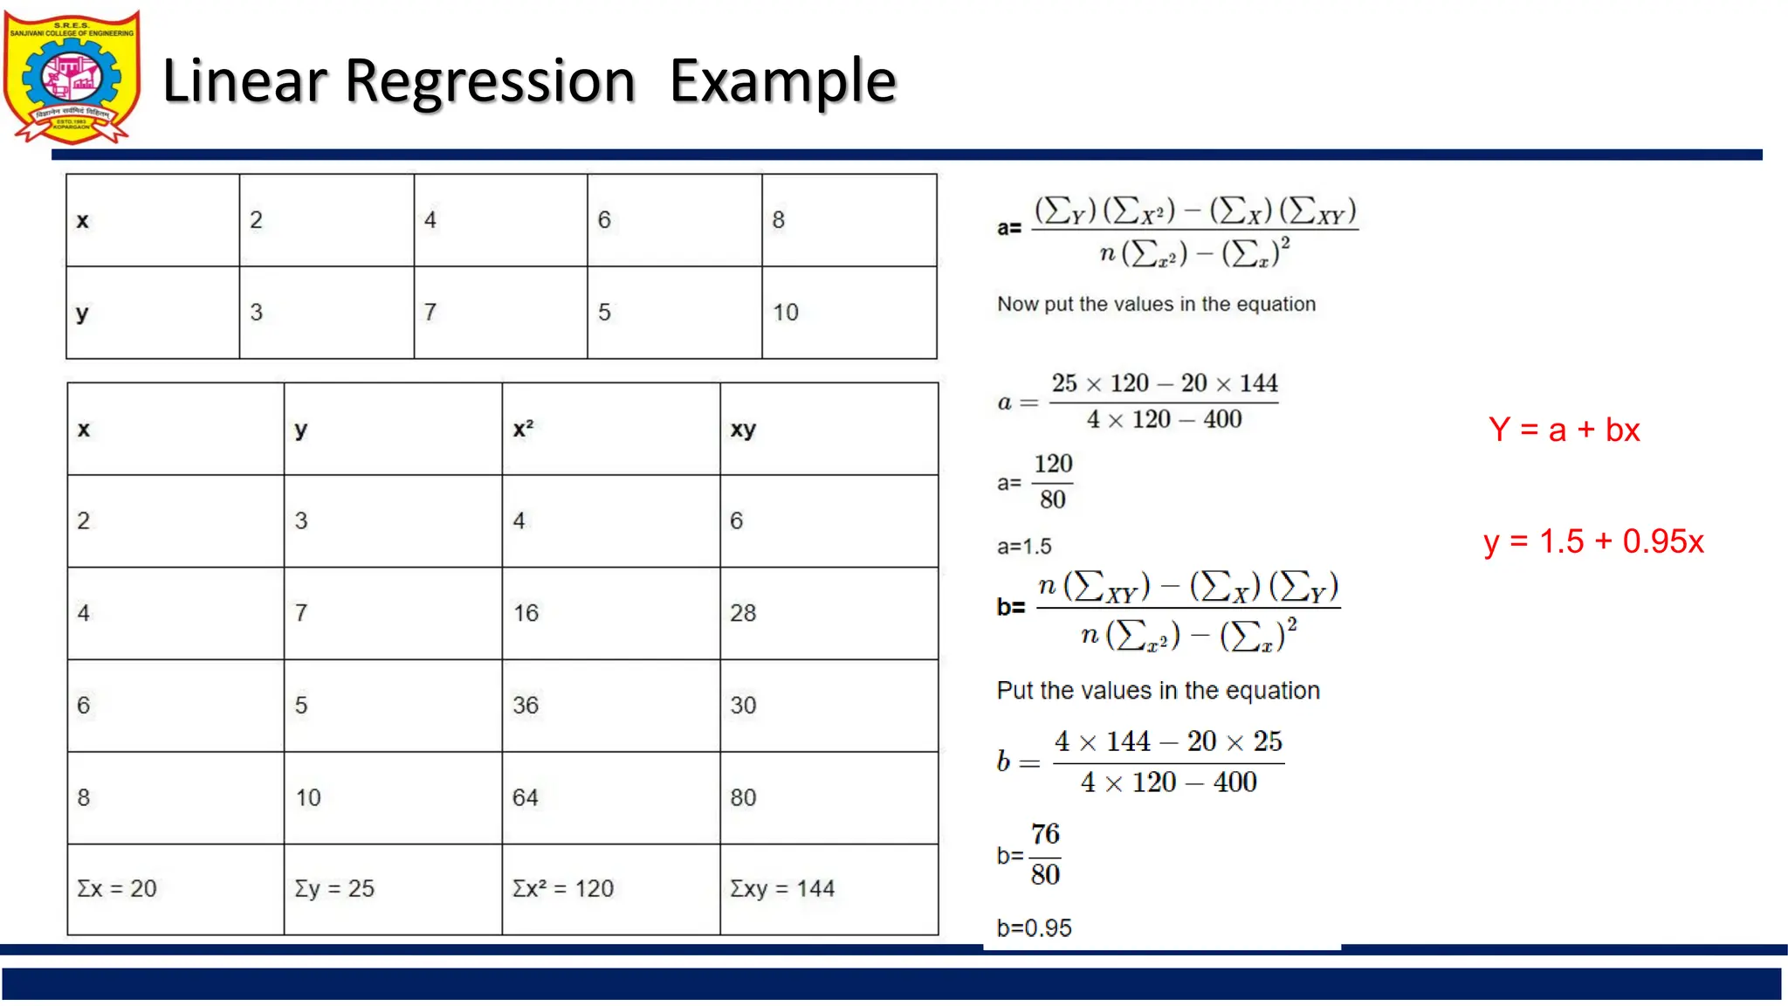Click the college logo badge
[72, 77]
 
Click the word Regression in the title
[490, 81]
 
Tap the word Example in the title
[782, 81]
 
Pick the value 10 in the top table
[786, 313]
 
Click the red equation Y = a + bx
[1564, 430]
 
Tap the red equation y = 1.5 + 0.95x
[1593, 541]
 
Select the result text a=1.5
[1024, 547]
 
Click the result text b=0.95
[1034, 927]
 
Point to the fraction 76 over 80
[1045, 854]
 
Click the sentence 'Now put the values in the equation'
[1156, 304]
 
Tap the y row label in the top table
[82, 313]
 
